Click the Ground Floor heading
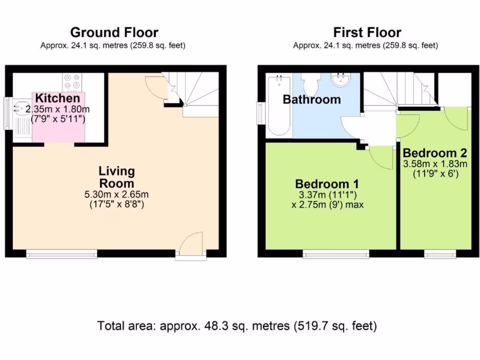(x=114, y=32)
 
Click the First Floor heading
(x=367, y=32)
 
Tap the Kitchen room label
(x=58, y=98)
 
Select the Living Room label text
(x=116, y=177)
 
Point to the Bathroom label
(x=312, y=99)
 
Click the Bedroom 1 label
(x=327, y=183)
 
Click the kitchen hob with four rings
(x=71, y=82)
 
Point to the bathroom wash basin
(x=341, y=80)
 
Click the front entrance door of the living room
(x=191, y=244)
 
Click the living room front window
(x=61, y=255)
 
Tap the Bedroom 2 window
(x=440, y=255)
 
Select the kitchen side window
(x=8, y=113)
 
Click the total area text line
(x=237, y=326)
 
